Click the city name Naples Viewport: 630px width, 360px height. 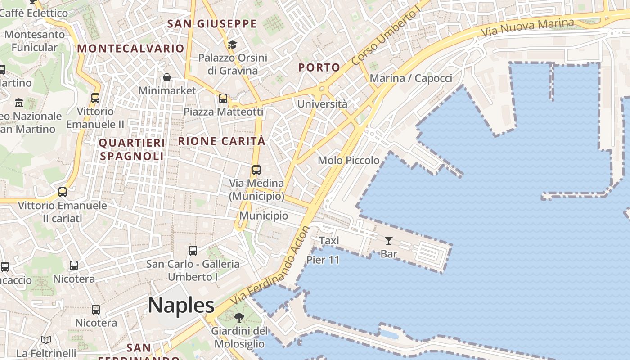(x=181, y=306)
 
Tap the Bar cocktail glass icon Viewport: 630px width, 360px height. (x=389, y=241)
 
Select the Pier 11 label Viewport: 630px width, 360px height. (x=323, y=260)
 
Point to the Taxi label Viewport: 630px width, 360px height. (x=329, y=241)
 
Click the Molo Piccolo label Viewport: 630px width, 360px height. (x=348, y=160)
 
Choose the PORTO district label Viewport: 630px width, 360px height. (x=319, y=68)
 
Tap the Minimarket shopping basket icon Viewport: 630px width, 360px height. (x=167, y=77)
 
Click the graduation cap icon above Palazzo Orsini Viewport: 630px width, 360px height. (x=232, y=45)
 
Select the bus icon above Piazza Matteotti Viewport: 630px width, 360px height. (x=223, y=99)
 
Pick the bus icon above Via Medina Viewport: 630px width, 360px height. (x=256, y=170)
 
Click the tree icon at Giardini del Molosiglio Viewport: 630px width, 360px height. (x=239, y=318)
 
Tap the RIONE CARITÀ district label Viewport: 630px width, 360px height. (x=222, y=141)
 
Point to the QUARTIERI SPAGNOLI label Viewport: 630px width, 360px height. (x=132, y=149)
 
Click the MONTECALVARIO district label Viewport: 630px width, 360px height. (x=131, y=49)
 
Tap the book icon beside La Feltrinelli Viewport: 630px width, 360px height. (x=46, y=340)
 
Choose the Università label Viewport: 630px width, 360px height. (x=322, y=104)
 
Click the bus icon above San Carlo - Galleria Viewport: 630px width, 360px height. (x=193, y=251)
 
